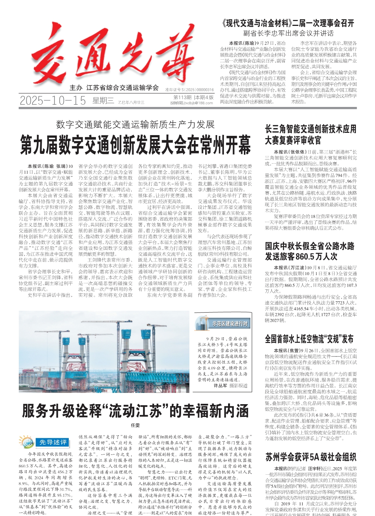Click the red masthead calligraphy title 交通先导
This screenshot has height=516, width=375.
pyautogui.click(x=113, y=54)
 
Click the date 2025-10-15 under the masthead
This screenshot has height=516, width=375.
pyautogui.click(x=53, y=101)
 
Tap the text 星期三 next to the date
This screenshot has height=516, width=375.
pyautogui.click(x=103, y=101)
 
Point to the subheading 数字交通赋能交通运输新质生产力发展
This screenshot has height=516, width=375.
pyautogui.click(x=135, y=124)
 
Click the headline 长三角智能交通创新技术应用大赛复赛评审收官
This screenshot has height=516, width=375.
pyautogui.click(x=310, y=135)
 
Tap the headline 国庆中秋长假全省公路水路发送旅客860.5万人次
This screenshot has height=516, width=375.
pyautogui.click(x=310, y=251)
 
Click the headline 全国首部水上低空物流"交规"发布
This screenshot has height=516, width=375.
pyautogui.click(x=309, y=339)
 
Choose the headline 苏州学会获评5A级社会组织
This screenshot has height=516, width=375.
pyautogui.click(x=310, y=457)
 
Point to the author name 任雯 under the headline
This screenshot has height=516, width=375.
pyautogui.click(x=135, y=425)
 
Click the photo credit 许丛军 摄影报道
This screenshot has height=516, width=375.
pyautogui.click(x=230, y=385)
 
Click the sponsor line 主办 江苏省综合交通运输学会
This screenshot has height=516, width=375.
pyautogui.click(x=114, y=88)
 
